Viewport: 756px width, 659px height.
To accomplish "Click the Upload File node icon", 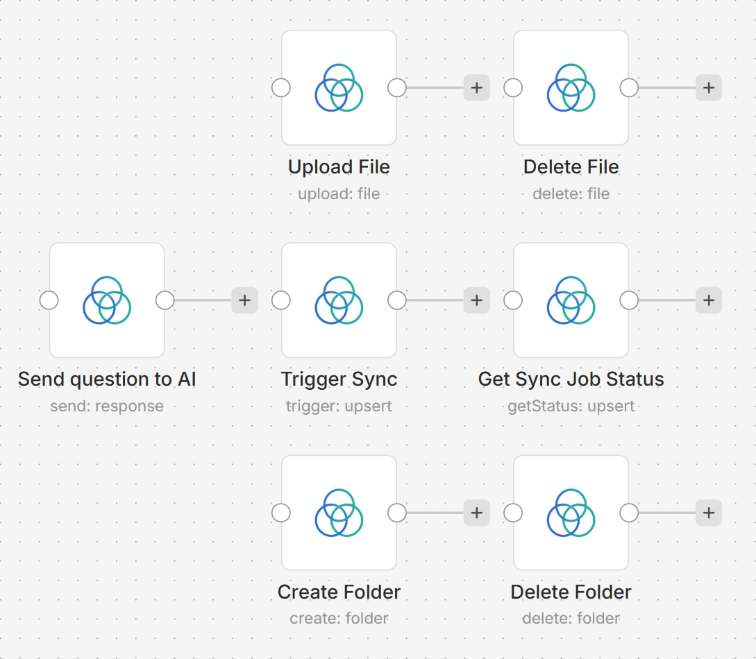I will point(339,87).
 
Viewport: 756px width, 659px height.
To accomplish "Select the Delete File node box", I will point(571,87).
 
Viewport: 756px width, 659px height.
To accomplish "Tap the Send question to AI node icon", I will point(107,300).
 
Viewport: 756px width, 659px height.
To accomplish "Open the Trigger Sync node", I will point(339,300).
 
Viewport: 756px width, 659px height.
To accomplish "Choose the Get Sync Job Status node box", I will point(571,300).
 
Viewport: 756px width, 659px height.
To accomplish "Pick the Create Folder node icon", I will point(339,513).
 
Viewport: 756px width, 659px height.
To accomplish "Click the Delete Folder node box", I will point(571,513).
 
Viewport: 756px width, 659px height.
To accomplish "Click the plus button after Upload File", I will point(477,88).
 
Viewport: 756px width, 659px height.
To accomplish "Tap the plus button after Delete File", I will point(709,88).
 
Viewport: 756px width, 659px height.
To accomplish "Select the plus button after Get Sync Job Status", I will point(709,300).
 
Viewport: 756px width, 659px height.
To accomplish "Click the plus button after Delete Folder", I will point(709,513).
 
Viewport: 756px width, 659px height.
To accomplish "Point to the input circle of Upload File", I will point(281,88).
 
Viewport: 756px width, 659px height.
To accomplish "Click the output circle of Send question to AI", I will point(165,300).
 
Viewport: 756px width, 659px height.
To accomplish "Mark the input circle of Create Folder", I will point(281,513).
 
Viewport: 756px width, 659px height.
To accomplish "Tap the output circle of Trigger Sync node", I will point(397,300).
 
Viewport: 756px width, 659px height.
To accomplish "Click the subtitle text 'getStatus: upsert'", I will point(571,406).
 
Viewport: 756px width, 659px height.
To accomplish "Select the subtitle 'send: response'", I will point(107,406).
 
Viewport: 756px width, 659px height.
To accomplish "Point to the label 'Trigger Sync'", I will point(339,379).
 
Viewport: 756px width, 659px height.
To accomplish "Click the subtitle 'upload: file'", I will point(339,194).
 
